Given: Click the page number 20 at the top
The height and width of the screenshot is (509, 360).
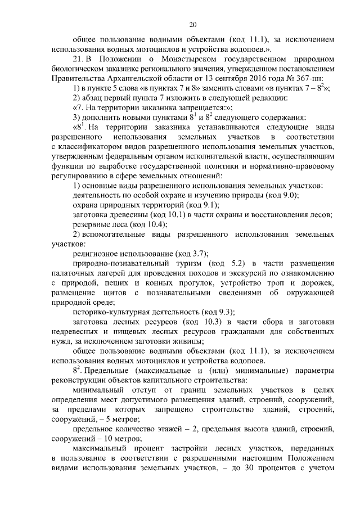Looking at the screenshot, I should pos(193,25).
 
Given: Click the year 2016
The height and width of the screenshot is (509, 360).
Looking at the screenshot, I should pos(260,78).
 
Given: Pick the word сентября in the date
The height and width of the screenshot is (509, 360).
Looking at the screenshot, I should pos(228,78).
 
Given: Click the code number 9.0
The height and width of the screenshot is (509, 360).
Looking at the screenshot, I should pos(286,195).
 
